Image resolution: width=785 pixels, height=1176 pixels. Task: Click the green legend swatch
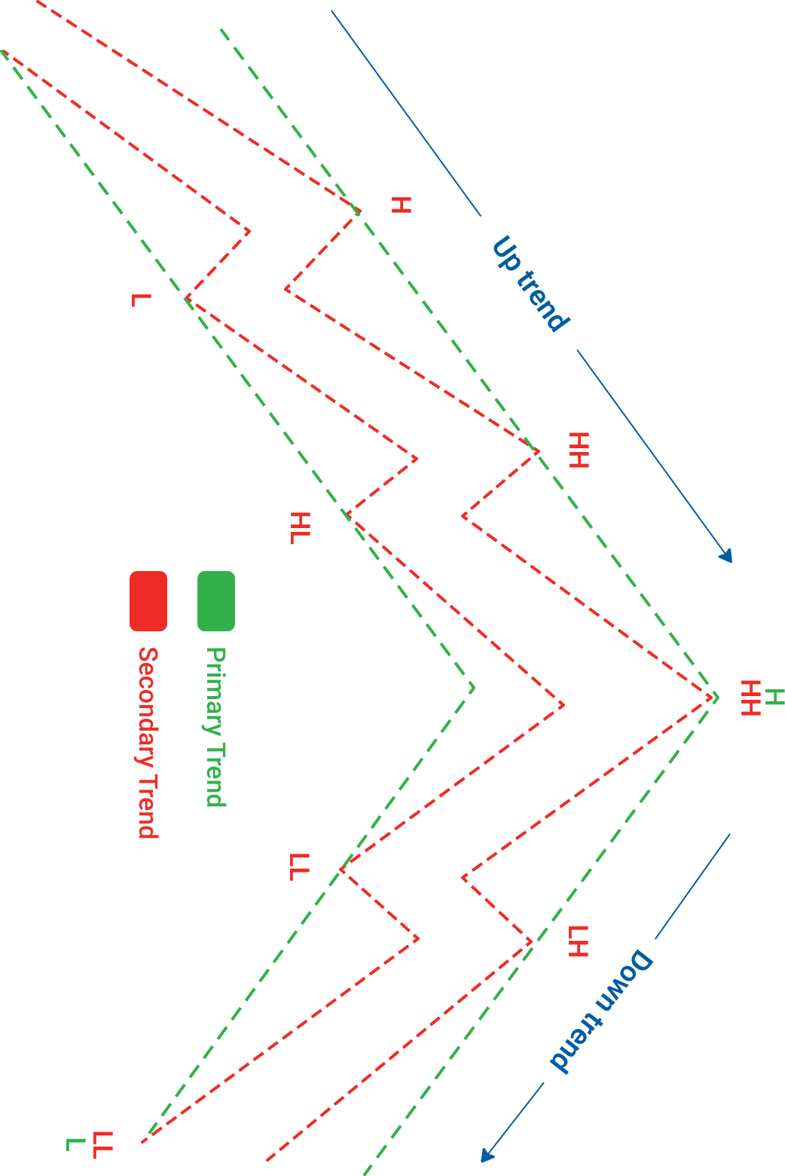coord(216,600)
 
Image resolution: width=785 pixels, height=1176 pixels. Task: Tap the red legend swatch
coord(148,600)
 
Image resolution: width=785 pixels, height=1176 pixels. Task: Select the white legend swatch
coord(81,600)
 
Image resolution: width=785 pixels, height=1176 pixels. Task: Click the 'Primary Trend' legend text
coord(216,727)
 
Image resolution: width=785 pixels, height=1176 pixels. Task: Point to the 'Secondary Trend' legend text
coord(148,743)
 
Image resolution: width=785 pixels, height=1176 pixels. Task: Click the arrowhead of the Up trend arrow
coord(726,557)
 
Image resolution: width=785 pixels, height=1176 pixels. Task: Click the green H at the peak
coord(774,697)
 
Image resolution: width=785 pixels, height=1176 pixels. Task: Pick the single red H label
coord(402,205)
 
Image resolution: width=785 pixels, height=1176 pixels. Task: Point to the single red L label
coord(140,300)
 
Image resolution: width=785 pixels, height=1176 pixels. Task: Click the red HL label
coord(300,527)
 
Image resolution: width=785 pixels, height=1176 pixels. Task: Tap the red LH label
coord(578,941)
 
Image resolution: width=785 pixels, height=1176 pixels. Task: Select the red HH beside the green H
coord(751,698)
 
